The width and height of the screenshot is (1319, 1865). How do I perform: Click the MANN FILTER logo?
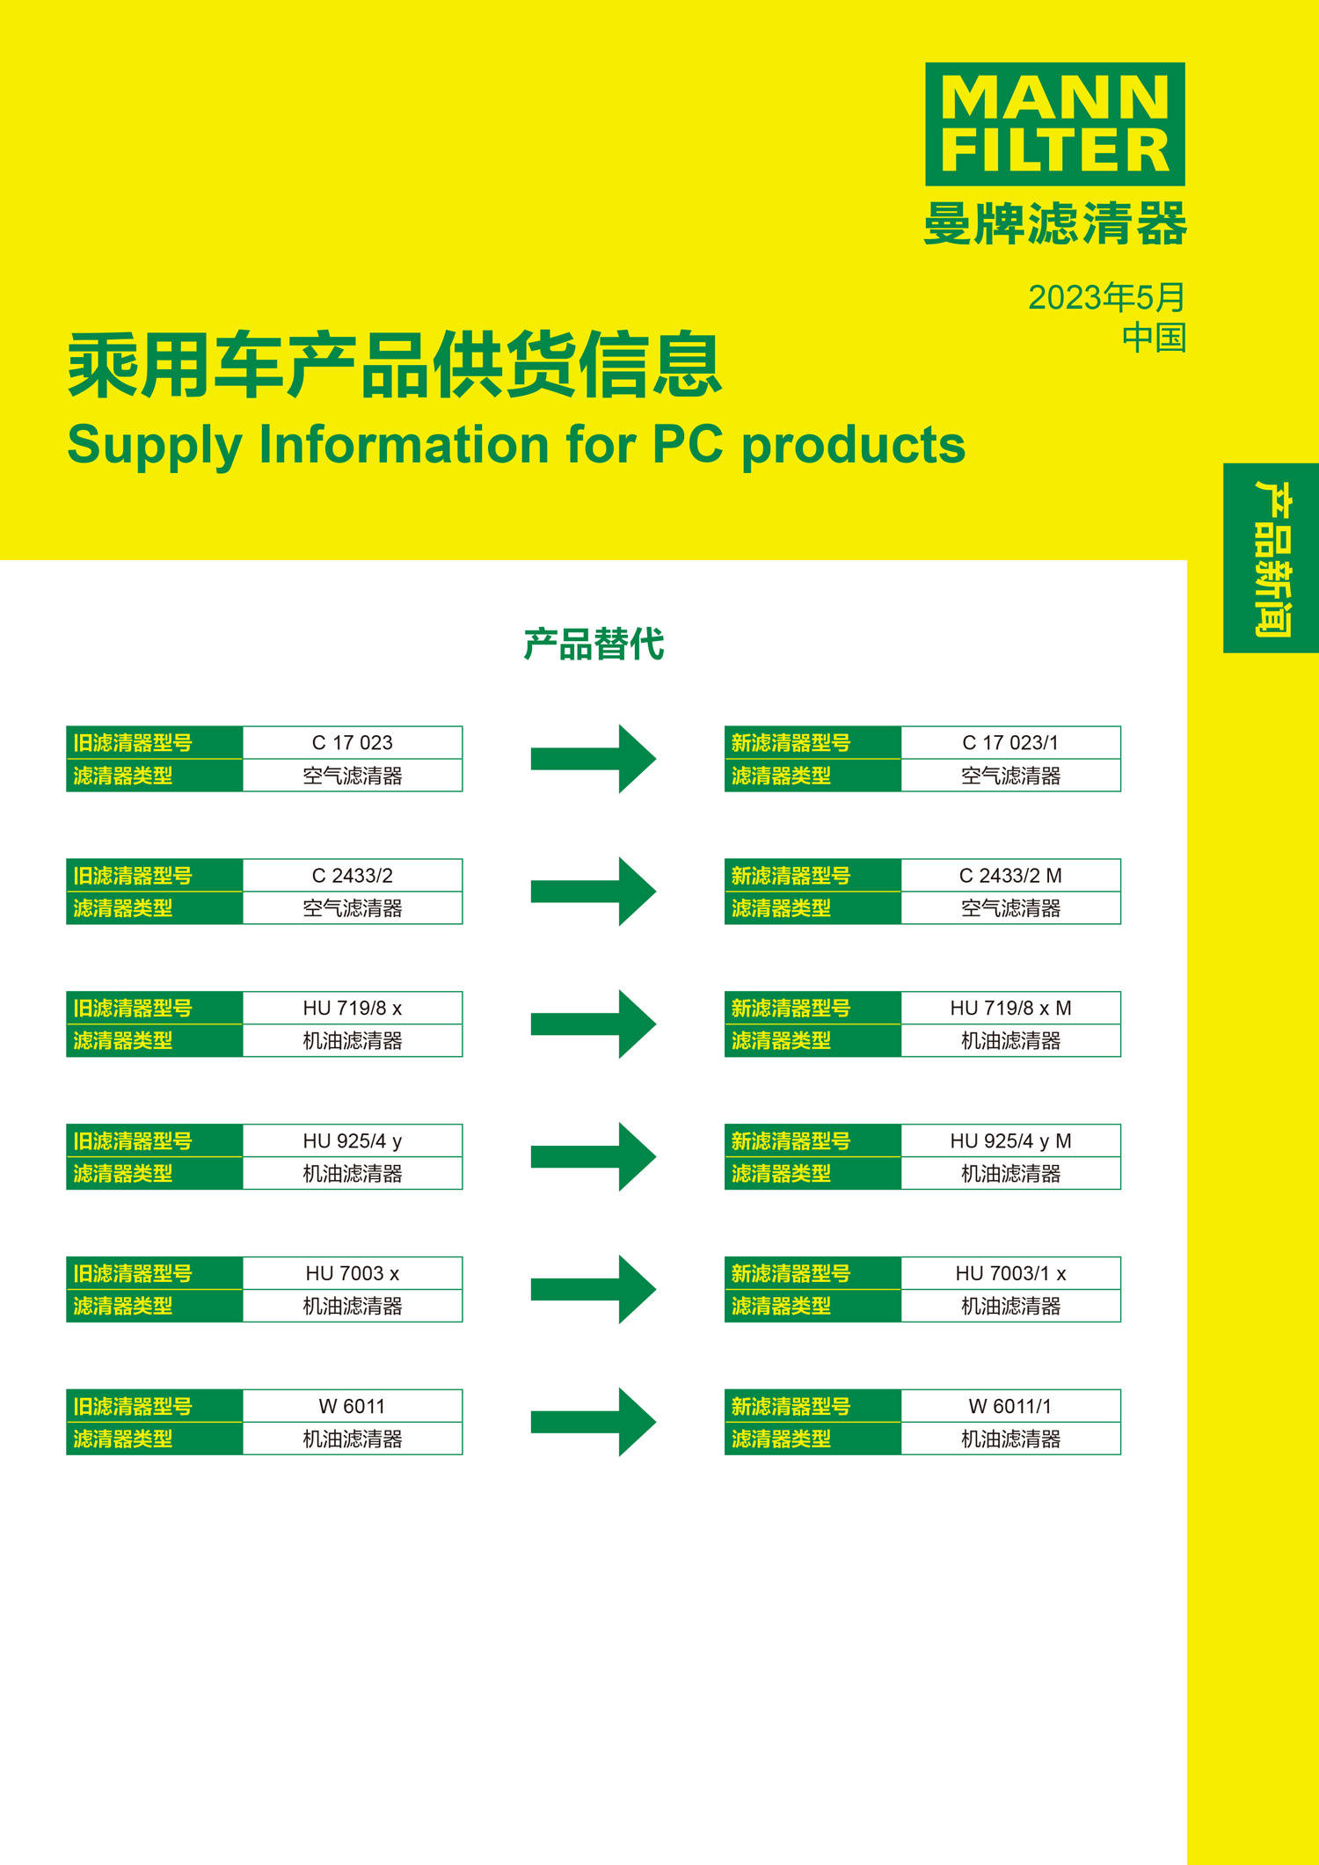pyautogui.click(x=1054, y=124)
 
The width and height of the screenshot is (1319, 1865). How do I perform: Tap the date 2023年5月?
pyautogui.click(x=1106, y=297)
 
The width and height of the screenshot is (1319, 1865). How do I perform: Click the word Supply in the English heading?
pyautogui.click(x=155, y=446)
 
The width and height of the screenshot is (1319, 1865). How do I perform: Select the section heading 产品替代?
pyautogui.click(x=594, y=645)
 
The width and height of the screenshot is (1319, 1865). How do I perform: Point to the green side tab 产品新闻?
pyautogui.click(x=1271, y=557)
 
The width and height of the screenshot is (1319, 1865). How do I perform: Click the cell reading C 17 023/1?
pyautogui.click(x=1010, y=743)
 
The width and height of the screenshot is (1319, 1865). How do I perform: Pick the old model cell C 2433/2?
pyautogui.click(x=352, y=876)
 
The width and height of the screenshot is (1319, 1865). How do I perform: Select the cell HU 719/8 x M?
pyautogui.click(x=1010, y=1009)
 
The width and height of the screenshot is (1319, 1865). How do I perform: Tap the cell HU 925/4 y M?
pyautogui.click(x=1010, y=1141)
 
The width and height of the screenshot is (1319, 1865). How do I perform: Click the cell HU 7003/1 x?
pyautogui.click(x=1010, y=1274)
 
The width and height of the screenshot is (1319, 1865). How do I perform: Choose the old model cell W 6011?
pyautogui.click(x=352, y=1407)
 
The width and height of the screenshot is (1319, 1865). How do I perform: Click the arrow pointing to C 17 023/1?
pyautogui.click(x=594, y=759)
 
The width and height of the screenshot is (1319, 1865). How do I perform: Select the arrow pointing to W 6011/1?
pyautogui.click(x=594, y=1422)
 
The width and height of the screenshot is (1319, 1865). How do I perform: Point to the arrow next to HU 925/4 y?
pyautogui.click(x=594, y=1156)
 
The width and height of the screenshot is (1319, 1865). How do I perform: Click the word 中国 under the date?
pyautogui.click(x=1154, y=338)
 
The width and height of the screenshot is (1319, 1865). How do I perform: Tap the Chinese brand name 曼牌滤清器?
pyautogui.click(x=1055, y=223)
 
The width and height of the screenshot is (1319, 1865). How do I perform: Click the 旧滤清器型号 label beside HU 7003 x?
pyautogui.click(x=133, y=1274)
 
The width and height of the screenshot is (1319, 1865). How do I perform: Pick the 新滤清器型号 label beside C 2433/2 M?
pyautogui.click(x=791, y=876)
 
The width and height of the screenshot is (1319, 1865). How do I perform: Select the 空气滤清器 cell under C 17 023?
pyautogui.click(x=352, y=776)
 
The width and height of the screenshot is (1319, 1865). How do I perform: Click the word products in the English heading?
pyautogui.click(x=854, y=446)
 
